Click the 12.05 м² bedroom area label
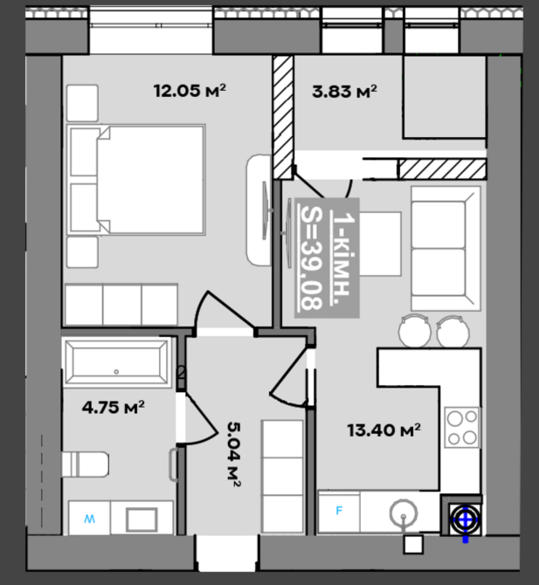190,91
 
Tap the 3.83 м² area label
344,92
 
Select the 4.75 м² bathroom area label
113,407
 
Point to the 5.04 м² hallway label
233,454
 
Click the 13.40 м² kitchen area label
384,430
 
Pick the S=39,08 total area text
311,258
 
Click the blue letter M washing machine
90,519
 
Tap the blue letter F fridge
339,511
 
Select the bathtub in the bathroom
116,362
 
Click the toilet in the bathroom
86,465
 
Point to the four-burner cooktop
462,428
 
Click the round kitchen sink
403,513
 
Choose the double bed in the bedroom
136,180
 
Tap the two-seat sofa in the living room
446,249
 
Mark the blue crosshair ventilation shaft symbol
465,520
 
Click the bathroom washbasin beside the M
142,519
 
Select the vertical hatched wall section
283,117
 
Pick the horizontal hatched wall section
442,169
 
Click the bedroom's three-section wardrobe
121,305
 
